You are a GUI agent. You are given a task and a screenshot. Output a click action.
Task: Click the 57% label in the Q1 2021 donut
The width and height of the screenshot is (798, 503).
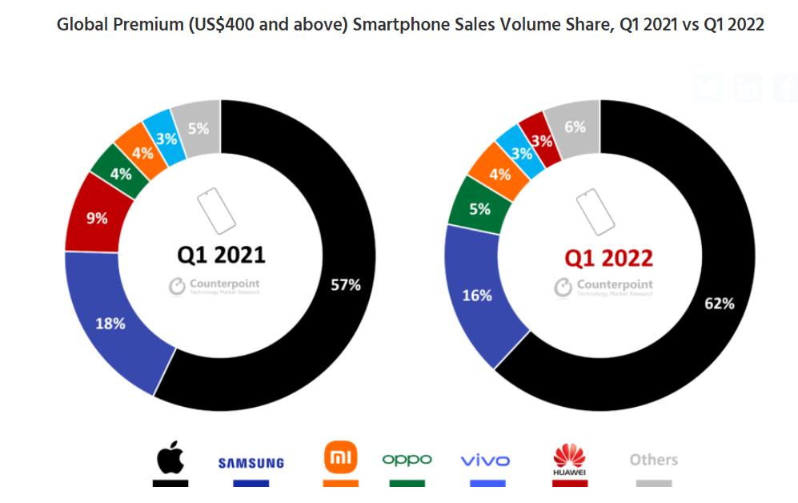coord(346,284)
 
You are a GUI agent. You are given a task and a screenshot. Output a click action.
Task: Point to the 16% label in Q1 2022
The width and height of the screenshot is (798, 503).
coord(477,296)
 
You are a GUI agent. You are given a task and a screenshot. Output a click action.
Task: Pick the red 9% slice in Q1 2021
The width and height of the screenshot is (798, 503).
coord(95,218)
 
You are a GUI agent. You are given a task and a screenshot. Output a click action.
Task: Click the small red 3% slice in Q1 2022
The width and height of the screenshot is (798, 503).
coord(542,142)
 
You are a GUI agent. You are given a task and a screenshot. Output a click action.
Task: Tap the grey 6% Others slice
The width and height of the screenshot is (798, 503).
coord(575,127)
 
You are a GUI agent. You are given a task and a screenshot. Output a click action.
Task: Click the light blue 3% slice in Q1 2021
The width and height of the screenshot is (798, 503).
coord(166,137)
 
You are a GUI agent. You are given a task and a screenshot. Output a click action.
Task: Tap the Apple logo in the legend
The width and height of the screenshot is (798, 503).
coord(170,458)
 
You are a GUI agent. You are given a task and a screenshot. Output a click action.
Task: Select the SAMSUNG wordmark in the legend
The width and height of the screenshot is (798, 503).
coord(251,463)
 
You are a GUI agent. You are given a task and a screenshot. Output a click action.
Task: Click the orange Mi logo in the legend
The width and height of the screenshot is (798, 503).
coord(340,457)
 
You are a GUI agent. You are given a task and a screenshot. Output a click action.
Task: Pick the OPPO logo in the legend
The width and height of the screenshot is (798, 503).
coord(407,460)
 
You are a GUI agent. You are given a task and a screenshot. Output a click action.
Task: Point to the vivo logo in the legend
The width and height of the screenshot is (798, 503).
coord(485,461)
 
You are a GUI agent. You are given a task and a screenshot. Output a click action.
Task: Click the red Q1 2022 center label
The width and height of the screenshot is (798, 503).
coord(608,258)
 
